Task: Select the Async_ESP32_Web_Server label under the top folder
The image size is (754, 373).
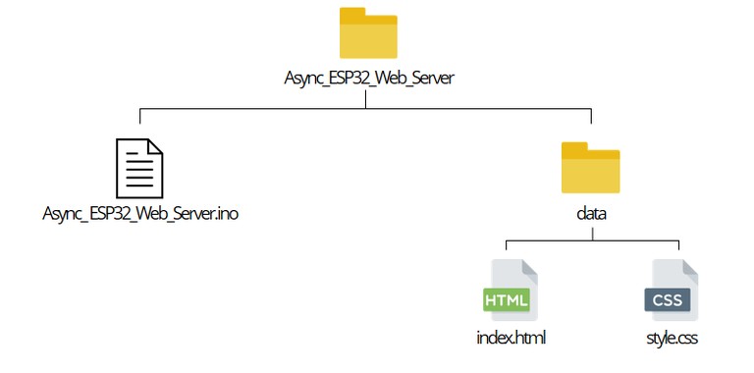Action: coord(368,78)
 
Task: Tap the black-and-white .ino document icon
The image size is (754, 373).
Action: coord(139,168)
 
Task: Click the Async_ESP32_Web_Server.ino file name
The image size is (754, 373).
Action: coord(140,212)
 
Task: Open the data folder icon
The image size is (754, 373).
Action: coord(590,170)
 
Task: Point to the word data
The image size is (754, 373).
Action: coord(590,212)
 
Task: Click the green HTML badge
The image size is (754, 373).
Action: coord(506,298)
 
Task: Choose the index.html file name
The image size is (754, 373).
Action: coord(510,339)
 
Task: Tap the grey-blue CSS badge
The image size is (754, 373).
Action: coord(668,298)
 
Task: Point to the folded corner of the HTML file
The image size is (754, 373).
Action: coord(529,268)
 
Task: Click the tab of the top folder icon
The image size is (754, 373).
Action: coord(351,14)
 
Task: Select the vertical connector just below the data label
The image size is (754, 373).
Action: coord(591,233)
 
